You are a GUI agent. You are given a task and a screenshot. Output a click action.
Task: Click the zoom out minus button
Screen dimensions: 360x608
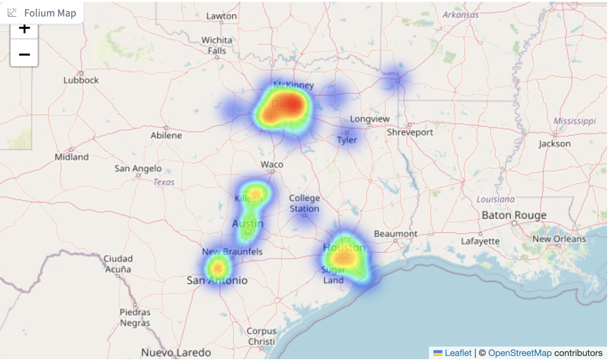pyautogui.click(x=24, y=54)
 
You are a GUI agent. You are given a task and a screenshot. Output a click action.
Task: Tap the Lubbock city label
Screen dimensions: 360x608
pyautogui.click(x=81, y=80)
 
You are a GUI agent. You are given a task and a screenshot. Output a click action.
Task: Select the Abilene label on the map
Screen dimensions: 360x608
pyautogui.click(x=166, y=135)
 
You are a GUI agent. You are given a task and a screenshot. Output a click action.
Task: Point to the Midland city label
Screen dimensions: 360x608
pyautogui.click(x=71, y=157)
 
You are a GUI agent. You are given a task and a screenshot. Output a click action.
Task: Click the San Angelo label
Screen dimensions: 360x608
pyautogui.click(x=138, y=168)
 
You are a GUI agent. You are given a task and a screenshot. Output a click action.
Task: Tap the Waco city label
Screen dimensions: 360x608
pyautogui.click(x=272, y=164)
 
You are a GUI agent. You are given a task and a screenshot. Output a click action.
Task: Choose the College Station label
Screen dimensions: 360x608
pyautogui.click(x=304, y=203)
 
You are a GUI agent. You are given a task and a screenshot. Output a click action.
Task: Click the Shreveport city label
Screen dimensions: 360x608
pyautogui.click(x=410, y=132)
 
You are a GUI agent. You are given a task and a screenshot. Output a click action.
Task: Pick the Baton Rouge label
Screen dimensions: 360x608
pyautogui.click(x=514, y=215)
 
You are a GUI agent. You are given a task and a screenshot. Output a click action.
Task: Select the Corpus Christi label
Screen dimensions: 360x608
pyautogui.click(x=262, y=336)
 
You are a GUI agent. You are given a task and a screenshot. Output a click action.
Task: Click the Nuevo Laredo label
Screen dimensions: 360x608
pyautogui.click(x=176, y=352)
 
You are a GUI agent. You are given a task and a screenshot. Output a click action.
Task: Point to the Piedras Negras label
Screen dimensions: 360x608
pyautogui.click(x=135, y=318)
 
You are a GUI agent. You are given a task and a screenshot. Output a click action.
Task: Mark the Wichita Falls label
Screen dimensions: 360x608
pyautogui.click(x=217, y=45)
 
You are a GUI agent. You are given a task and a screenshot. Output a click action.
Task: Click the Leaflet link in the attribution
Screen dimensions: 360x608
pyautogui.click(x=458, y=353)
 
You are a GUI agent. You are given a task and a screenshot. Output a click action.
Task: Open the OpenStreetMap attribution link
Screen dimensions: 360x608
pyautogui.click(x=520, y=353)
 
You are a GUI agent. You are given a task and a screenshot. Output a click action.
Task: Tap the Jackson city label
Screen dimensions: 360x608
pyautogui.click(x=554, y=144)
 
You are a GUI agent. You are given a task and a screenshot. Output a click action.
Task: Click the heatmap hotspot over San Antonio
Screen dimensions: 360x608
pyautogui.click(x=217, y=268)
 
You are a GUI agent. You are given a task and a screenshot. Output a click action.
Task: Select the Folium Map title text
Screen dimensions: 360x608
pyautogui.click(x=50, y=13)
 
